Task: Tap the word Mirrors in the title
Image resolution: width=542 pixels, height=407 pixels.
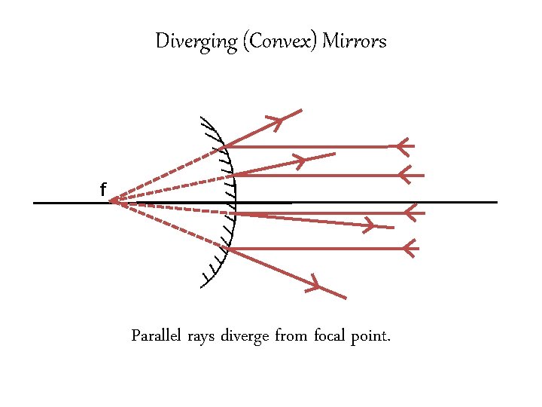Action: [x=354, y=41]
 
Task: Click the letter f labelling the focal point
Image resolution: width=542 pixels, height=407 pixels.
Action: [x=102, y=191]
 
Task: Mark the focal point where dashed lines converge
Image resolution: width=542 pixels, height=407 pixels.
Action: [x=111, y=201]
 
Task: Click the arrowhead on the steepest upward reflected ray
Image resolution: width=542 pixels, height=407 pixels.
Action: [x=275, y=121]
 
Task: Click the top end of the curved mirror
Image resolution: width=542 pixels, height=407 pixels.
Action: [x=202, y=118]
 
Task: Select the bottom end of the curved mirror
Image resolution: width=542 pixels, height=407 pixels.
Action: [x=202, y=287]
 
